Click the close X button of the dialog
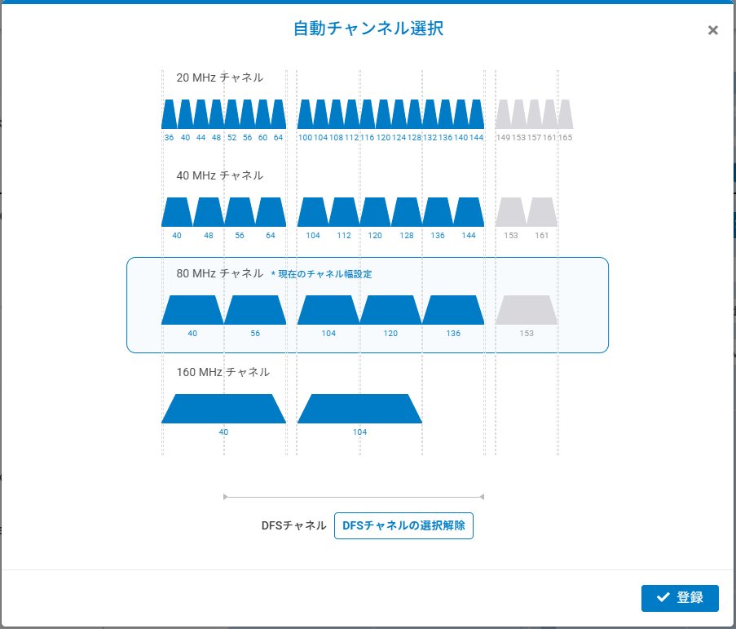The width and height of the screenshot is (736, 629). coord(713,30)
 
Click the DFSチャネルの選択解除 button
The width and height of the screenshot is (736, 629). coord(403,526)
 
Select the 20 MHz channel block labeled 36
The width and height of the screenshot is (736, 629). coord(169,114)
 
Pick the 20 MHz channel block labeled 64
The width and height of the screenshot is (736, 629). coord(279,114)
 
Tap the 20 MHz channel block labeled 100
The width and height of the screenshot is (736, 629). coord(305,114)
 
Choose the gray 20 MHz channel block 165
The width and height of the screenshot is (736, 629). coord(566,114)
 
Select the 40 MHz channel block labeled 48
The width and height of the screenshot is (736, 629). coord(208,212)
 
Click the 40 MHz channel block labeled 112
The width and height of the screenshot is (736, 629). coord(344,212)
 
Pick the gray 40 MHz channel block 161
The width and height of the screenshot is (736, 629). coord(542,212)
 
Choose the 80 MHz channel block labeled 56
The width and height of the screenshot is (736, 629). coord(255,310)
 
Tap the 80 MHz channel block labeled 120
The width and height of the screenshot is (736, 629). coord(391,310)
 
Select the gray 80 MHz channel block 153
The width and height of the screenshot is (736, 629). coord(527,310)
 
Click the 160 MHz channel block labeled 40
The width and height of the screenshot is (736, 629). coord(224,409)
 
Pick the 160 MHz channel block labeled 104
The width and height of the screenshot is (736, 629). coord(359,409)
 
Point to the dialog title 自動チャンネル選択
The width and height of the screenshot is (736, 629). coord(368,29)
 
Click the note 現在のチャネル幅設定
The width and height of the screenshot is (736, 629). coord(324,275)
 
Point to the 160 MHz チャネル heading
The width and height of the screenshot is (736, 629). coord(223,372)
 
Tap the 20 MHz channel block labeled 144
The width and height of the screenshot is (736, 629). coord(477,114)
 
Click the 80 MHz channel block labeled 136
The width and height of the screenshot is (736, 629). coord(453,310)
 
